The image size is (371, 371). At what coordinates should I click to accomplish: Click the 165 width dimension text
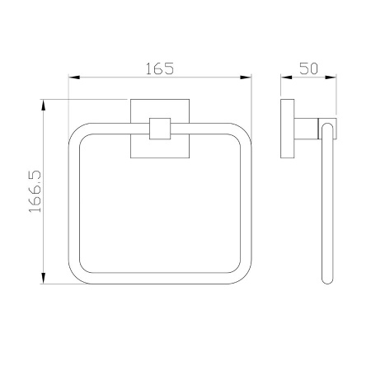point(160,68)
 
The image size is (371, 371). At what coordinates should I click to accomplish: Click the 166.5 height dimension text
point(35,191)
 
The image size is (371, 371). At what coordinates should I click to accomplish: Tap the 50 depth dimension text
point(308,68)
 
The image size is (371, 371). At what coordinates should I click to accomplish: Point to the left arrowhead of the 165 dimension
point(74,77)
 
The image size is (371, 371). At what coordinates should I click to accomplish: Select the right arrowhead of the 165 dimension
point(246,77)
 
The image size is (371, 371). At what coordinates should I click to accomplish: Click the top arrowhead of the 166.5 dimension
point(43,105)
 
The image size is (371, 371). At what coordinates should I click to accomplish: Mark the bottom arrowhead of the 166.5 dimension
point(43,278)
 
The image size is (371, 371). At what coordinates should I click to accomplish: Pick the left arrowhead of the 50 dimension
point(286,77)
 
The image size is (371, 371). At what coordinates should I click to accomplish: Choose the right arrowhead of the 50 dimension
point(331,77)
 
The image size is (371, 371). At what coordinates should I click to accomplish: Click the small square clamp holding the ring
point(160,129)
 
